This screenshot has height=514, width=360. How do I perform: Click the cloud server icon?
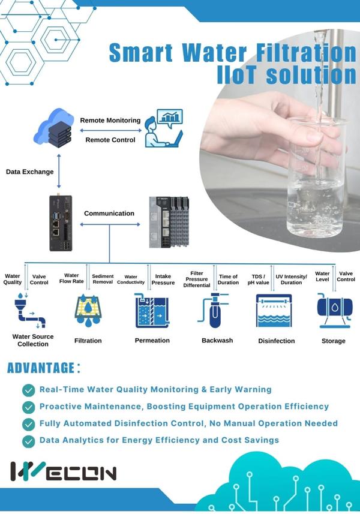pyautogui.click(x=54, y=128)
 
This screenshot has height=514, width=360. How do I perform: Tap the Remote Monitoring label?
pyautogui.click(x=110, y=121)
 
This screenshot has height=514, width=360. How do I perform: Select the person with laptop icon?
pyautogui.click(x=164, y=128)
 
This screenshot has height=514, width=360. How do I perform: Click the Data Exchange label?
pyautogui.click(x=29, y=172)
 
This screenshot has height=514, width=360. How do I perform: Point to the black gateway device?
pyautogui.click(x=61, y=223)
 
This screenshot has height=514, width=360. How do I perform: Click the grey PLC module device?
pyautogui.click(x=169, y=223)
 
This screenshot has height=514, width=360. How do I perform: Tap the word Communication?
pyautogui.click(x=109, y=214)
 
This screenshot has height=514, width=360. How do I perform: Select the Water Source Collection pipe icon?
pyautogui.click(x=30, y=310)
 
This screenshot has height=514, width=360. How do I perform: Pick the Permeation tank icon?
pyautogui.click(x=152, y=311)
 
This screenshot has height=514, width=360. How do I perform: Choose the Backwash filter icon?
pyautogui.click(x=213, y=310)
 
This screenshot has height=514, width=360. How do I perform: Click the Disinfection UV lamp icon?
pyautogui.click(x=274, y=311)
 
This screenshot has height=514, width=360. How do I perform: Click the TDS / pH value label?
pyautogui.click(x=258, y=279)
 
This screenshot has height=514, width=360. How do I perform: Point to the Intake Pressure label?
pyautogui.click(x=163, y=279)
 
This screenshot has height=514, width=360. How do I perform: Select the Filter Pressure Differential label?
pyautogui.click(x=197, y=279)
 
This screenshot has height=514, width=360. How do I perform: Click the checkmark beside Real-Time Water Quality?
pyautogui.click(x=29, y=390)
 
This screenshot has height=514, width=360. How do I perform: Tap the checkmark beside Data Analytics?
pyautogui.click(x=29, y=441)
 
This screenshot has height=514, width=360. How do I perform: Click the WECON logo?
pyautogui.click(x=63, y=471)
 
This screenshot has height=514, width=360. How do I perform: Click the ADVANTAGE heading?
pyautogui.click(x=44, y=368)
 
